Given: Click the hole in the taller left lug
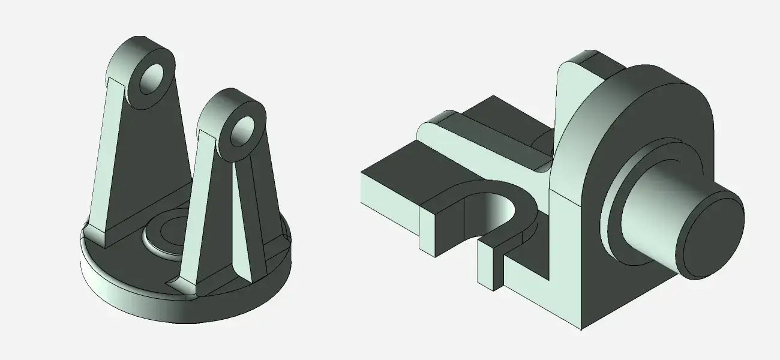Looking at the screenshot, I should [x=151, y=79].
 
